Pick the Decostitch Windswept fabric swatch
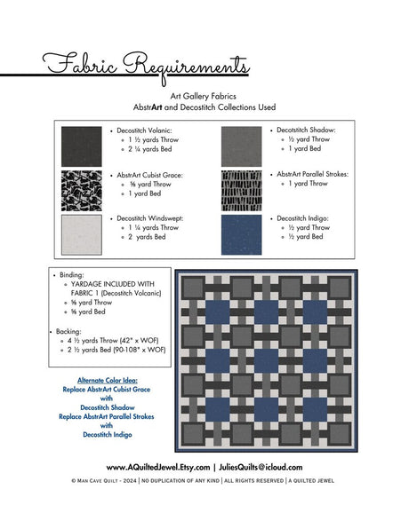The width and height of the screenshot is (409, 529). (81, 233)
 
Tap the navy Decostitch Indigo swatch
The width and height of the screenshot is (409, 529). (241, 233)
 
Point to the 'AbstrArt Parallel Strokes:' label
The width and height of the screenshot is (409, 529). (312, 174)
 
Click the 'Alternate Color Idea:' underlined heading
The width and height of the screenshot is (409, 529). (106, 379)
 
